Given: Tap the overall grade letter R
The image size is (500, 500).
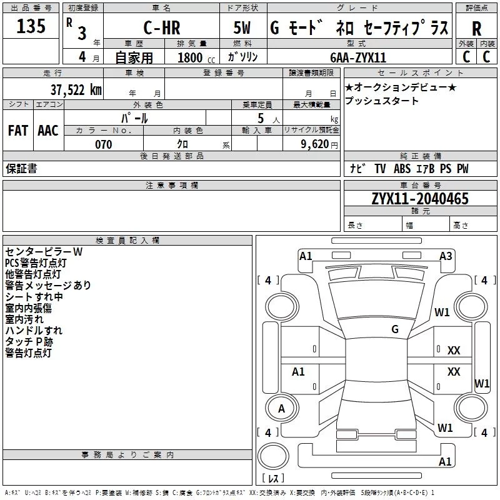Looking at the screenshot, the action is pos(476,29).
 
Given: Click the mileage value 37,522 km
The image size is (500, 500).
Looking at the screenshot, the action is pos(76,89).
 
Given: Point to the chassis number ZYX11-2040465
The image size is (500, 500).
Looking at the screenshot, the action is pos(420,199).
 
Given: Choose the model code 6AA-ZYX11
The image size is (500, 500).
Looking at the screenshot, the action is pos(358,57).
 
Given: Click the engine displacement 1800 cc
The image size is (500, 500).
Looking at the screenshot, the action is pos(194,57).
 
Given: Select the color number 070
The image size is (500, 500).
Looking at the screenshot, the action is pos(103,144).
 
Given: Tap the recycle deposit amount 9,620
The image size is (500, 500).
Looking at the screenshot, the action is pos(314,144).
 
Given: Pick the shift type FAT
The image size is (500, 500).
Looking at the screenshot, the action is pos(18,131).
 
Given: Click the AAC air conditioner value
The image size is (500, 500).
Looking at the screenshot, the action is pos(48,131).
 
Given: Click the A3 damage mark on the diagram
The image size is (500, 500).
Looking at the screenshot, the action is pos(446,256).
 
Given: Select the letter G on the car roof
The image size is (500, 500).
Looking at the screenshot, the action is pos(395,329).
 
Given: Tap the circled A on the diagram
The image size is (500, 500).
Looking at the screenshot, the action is pos(281,409).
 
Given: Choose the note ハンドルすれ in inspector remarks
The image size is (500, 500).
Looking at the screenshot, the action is pos(34,331).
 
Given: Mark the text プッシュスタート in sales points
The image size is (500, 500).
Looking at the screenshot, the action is pos(382,101).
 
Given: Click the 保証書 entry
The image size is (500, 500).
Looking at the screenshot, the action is pos(21,169).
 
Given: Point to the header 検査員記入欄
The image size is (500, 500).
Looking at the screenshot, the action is pos(127,240).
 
